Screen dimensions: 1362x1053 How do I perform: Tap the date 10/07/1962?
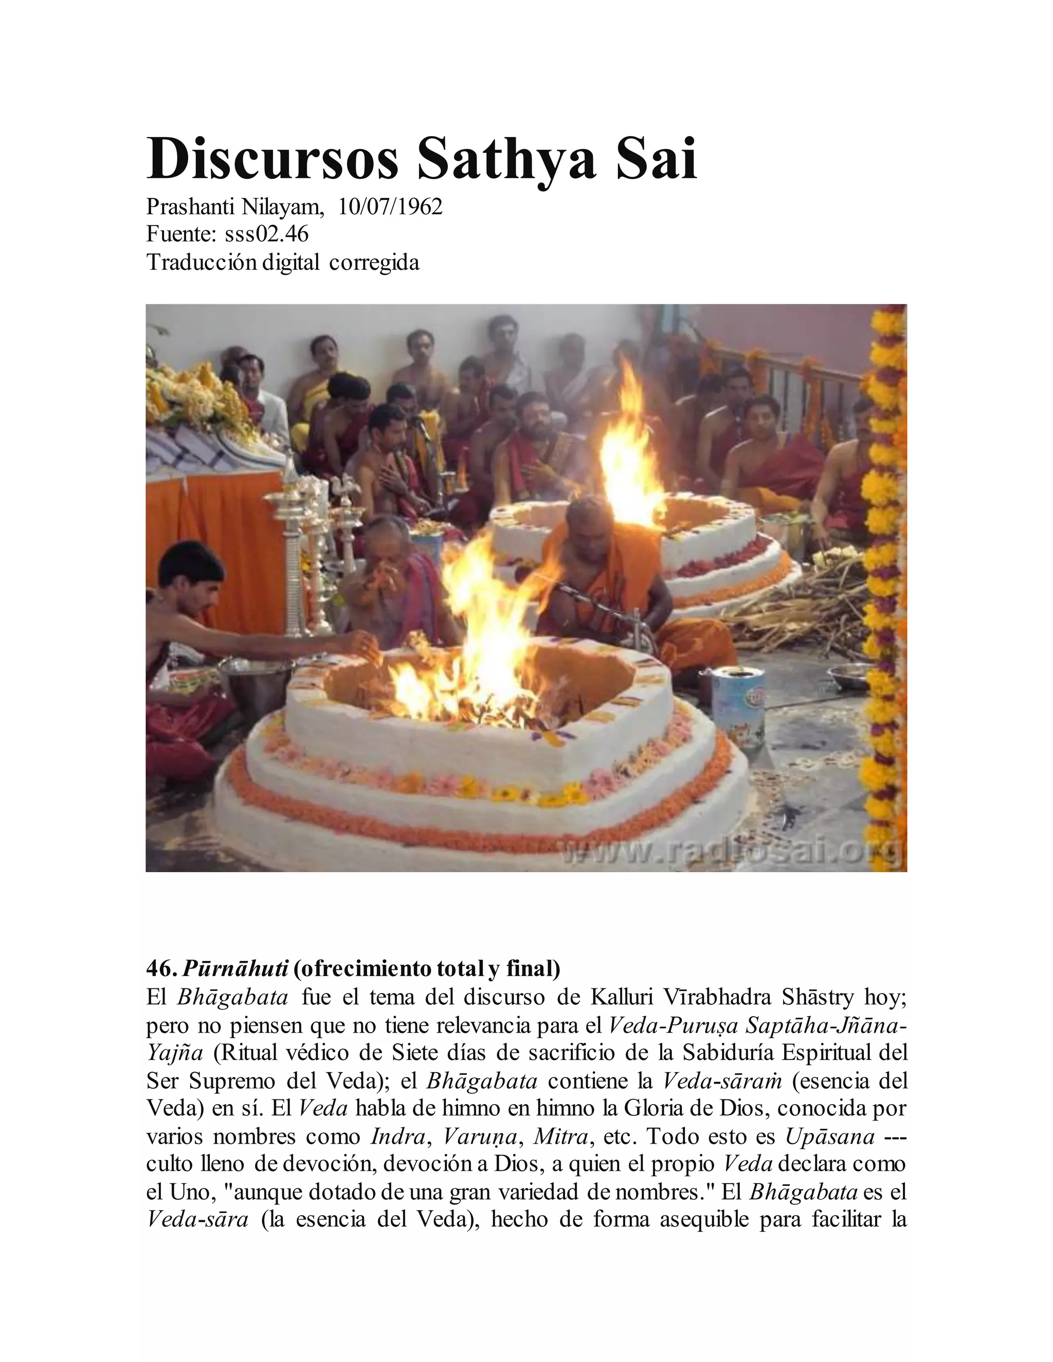coord(390,207)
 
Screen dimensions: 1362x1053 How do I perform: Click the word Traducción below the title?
coord(201,263)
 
